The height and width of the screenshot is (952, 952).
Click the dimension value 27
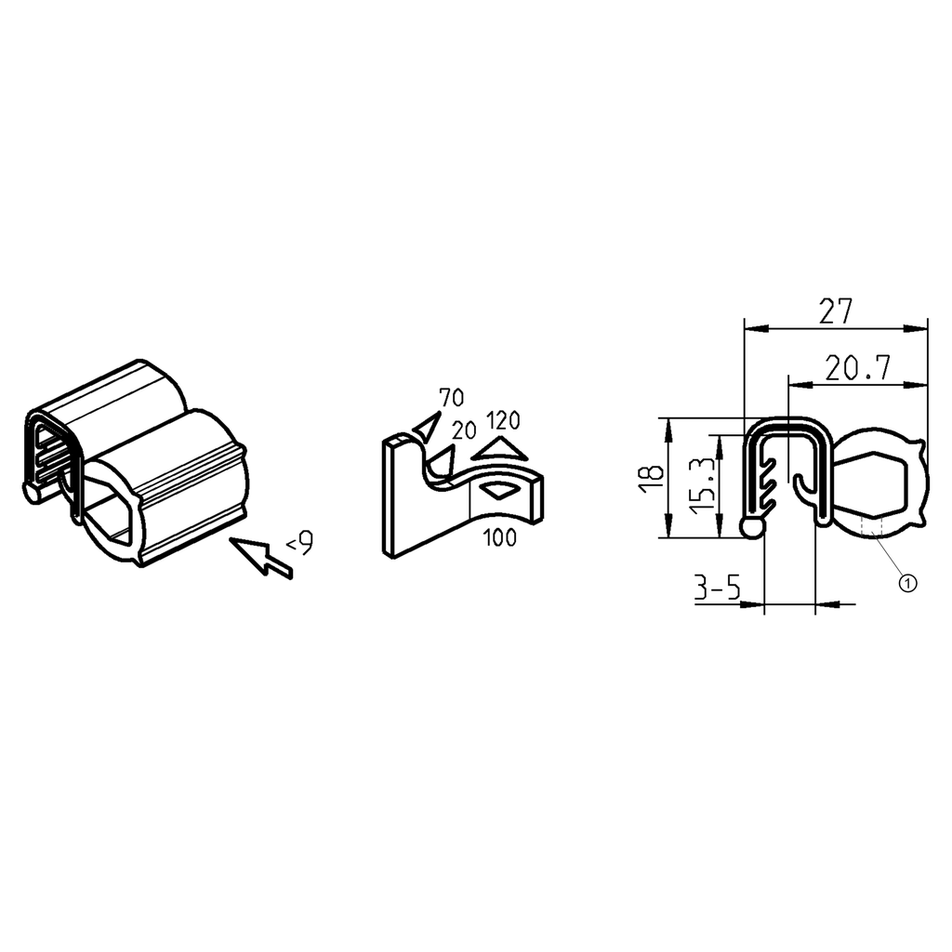click(x=835, y=311)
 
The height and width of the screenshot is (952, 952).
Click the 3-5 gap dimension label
click(x=717, y=588)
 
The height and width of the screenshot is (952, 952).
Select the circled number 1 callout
click(x=907, y=582)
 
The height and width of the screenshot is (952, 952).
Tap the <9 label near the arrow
click(x=299, y=542)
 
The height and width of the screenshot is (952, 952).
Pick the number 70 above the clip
click(x=451, y=398)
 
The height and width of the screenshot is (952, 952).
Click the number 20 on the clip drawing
click(x=464, y=430)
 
